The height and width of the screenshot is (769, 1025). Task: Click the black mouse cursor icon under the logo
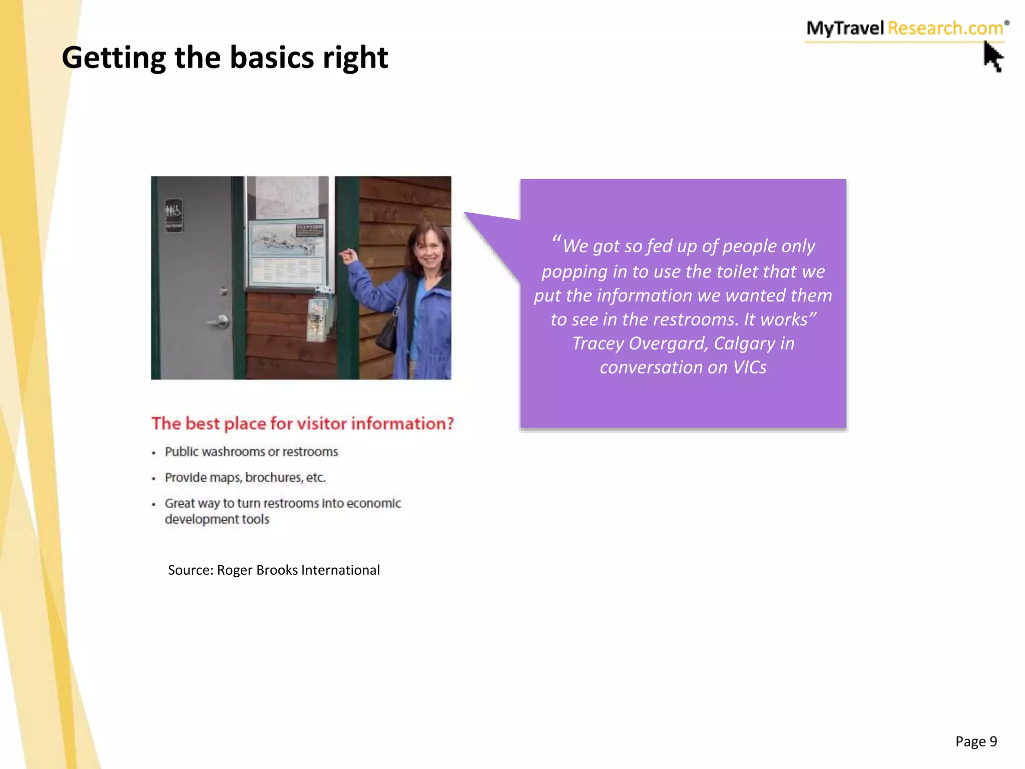(x=993, y=57)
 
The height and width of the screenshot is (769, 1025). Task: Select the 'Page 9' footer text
(x=976, y=741)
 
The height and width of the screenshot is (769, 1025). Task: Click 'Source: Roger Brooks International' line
(x=274, y=570)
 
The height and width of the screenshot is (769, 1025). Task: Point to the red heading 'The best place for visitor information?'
(x=302, y=424)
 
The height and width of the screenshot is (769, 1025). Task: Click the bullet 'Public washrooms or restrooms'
(x=251, y=452)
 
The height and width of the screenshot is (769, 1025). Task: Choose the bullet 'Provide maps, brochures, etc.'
(x=245, y=478)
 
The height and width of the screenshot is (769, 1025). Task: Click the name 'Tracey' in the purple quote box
(x=598, y=343)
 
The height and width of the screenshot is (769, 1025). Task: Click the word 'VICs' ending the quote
(x=750, y=367)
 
